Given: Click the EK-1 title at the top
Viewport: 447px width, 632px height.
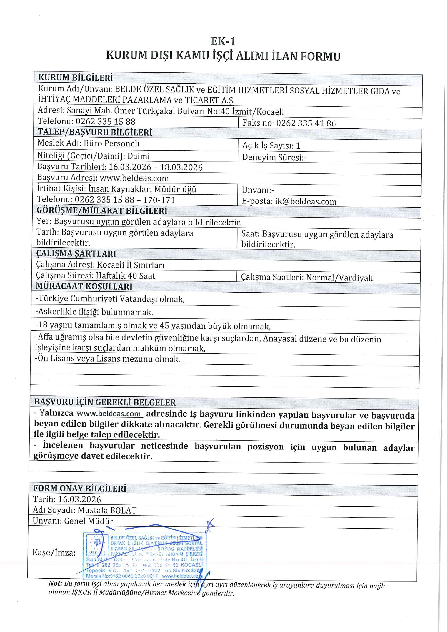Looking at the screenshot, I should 223,42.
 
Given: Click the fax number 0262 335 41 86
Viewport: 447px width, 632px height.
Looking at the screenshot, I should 306,123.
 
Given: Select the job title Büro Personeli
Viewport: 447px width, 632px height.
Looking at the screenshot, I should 112,143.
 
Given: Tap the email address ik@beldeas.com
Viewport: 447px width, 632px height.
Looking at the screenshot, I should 305,202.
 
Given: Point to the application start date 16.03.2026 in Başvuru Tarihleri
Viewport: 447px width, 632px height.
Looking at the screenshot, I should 130,167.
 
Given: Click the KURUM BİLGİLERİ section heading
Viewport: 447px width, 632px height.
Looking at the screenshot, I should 75,78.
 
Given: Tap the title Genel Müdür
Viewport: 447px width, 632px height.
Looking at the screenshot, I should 88,521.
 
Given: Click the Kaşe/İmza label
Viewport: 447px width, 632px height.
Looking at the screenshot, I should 54,552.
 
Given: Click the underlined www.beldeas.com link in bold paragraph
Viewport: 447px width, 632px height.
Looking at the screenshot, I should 109,414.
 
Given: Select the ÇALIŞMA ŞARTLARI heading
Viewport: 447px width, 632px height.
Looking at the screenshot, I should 76,253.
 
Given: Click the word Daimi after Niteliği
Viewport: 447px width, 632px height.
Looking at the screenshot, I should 139,156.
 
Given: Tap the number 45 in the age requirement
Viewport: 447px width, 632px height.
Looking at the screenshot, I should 164,326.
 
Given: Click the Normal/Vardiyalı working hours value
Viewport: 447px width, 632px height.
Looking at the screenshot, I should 339,277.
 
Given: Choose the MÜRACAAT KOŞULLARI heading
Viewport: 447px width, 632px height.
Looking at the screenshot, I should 84,287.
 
